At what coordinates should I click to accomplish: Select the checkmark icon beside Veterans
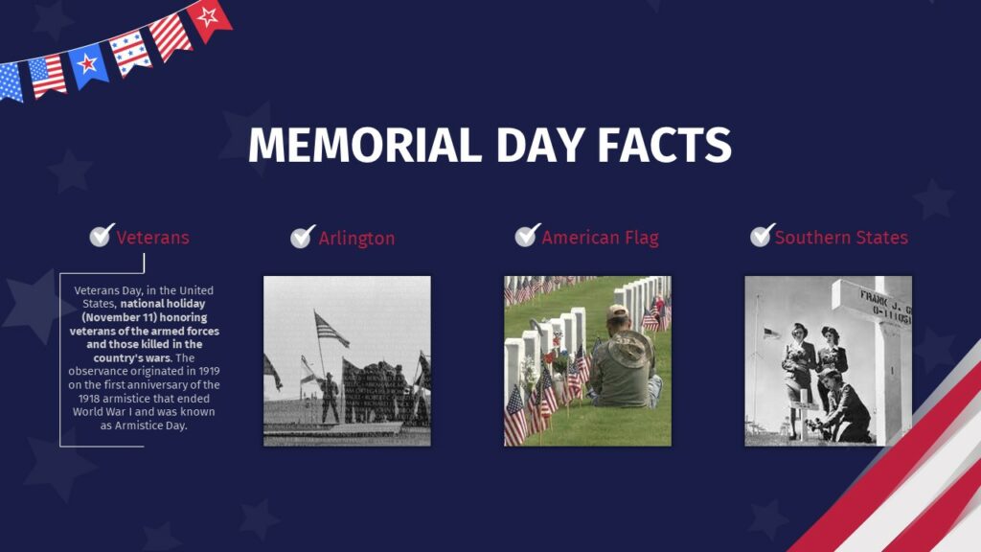point(102,236)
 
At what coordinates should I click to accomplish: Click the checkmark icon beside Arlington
point(303,237)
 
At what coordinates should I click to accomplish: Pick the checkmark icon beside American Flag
point(527,235)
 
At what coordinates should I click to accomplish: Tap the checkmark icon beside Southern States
point(763,235)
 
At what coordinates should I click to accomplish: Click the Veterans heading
point(152,238)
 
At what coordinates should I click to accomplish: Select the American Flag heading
point(600,238)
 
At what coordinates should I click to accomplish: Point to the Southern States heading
point(841,238)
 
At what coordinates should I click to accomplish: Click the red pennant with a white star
point(208,17)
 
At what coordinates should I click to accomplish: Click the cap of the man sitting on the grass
point(618,312)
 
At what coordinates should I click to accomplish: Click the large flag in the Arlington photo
point(331,330)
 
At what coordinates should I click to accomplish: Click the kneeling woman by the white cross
point(847,407)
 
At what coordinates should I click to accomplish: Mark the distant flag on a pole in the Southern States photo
point(770,333)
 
